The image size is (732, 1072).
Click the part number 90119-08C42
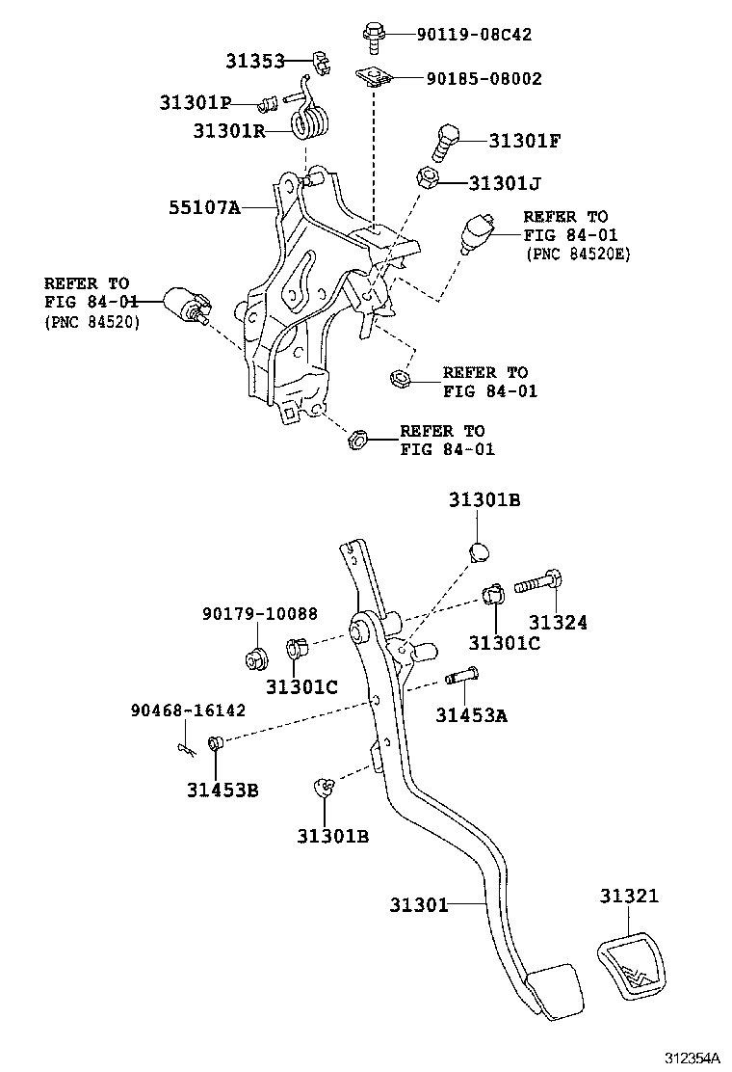[x=474, y=35]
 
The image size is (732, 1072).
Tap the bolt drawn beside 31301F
[x=444, y=143]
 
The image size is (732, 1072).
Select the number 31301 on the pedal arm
[x=419, y=904]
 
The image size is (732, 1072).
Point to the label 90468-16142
[x=188, y=710]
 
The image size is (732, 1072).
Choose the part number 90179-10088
[x=259, y=614]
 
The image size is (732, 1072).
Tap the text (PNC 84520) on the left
[x=91, y=322]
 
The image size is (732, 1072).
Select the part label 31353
[x=255, y=61]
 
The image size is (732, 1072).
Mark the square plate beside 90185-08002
[x=377, y=78]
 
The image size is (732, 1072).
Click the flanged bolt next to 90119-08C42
[x=374, y=36]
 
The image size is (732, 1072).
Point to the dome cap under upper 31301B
[x=479, y=551]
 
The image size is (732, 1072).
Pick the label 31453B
[x=222, y=791]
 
